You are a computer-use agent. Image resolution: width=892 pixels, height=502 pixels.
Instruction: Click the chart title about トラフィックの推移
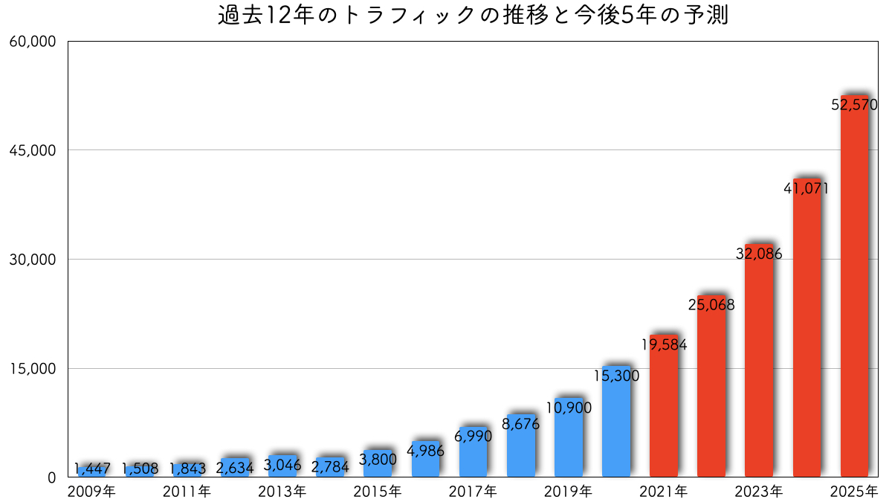pyautogui.click(x=473, y=16)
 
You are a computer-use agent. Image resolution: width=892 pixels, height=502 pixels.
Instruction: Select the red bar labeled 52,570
pyautogui.click(x=854, y=297)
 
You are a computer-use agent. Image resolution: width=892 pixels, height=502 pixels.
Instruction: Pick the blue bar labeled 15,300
pyautogui.click(x=616, y=431)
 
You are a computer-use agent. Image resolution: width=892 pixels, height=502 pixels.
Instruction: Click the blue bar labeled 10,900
pyautogui.click(x=569, y=446)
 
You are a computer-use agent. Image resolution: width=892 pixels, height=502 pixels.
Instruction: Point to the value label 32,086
pyautogui.click(x=759, y=254)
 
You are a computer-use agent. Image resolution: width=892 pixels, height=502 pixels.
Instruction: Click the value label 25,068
pyautogui.click(x=711, y=304)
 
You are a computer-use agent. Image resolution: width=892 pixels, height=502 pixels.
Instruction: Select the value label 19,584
pyautogui.click(x=664, y=344)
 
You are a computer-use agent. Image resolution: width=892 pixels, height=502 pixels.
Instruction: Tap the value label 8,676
pyautogui.click(x=521, y=425)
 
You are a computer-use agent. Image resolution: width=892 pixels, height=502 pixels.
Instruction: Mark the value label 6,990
pyautogui.click(x=474, y=437)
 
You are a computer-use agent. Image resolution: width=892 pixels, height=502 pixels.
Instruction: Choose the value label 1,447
pyautogui.click(x=92, y=469)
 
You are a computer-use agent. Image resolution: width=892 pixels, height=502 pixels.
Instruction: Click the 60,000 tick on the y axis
pyautogui.click(x=33, y=42)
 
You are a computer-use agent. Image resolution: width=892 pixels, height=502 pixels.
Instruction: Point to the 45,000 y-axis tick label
pyautogui.click(x=33, y=150)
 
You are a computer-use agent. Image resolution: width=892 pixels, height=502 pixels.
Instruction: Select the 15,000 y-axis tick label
pyautogui.click(x=33, y=369)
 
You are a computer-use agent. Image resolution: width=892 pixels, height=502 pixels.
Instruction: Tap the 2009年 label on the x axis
pyautogui.click(x=92, y=491)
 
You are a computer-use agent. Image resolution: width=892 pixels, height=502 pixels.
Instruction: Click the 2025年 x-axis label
pyautogui.click(x=854, y=491)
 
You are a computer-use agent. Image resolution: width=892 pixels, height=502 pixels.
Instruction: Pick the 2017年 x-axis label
pyautogui.click(x=474, y=491)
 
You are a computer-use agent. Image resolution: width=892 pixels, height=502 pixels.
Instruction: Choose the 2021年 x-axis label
pyautogui.click(x=664, y=491)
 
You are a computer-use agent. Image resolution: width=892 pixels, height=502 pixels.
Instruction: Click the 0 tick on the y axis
pyautogui.click(x=51, y=477)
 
